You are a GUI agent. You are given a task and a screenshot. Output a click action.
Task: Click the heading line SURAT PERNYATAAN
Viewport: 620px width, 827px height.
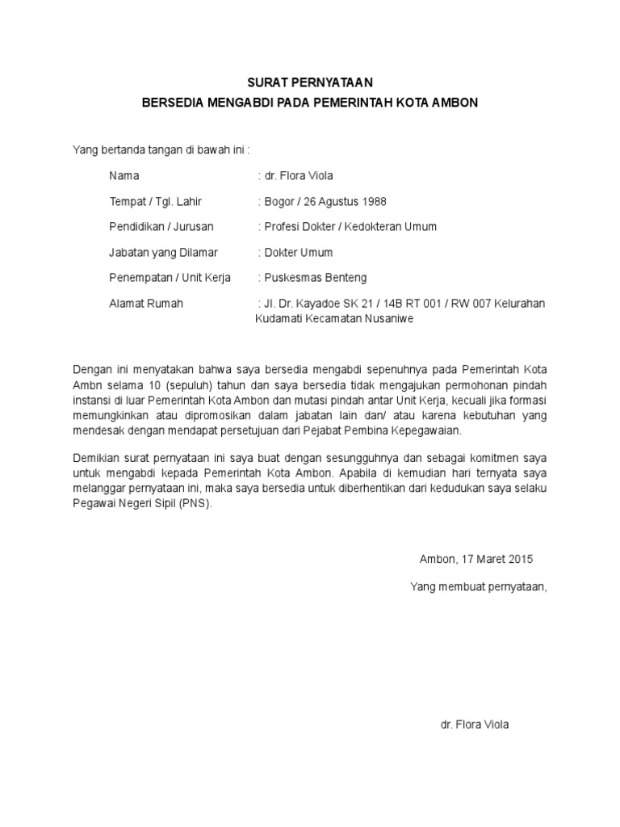pyautogui.click(x=311, y=82)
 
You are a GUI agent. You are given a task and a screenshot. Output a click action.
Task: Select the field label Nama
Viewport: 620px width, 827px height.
pyautogui.click(x=124, y=175)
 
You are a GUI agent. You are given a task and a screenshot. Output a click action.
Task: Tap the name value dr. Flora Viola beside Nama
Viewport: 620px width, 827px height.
pyautogui.click(x=295, y=175)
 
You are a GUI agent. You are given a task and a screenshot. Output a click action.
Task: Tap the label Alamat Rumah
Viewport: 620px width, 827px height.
pyautogui.click(x=146, y=304)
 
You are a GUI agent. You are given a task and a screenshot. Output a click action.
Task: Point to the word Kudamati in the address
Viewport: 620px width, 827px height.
pyautogui.click(x=279, y=318)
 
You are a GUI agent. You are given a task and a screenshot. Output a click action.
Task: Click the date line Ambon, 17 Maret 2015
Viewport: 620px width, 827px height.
pyautogui.click(x=476, y=558)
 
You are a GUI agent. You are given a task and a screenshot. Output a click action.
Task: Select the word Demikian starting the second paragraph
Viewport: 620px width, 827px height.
pyautogui.click(x=97, y=457)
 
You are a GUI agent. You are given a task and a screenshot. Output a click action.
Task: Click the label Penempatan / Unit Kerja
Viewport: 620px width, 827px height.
pyautogui.click(x=170, y=278)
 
